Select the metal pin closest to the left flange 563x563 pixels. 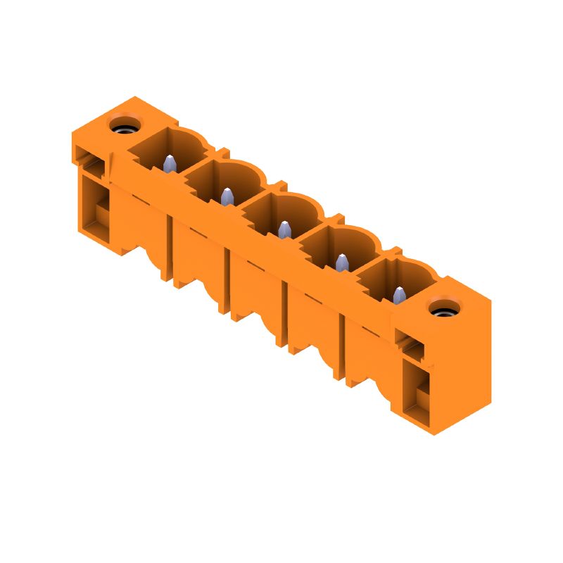[x=169, y=164]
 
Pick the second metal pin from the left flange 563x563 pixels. [x=227, y=197]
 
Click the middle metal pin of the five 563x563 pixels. [x=284, y=229]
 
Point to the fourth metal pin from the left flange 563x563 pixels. [x=342, y=262]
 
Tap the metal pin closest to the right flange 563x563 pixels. [x=399, y=295]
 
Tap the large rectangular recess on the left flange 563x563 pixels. [x=96, y=208]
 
